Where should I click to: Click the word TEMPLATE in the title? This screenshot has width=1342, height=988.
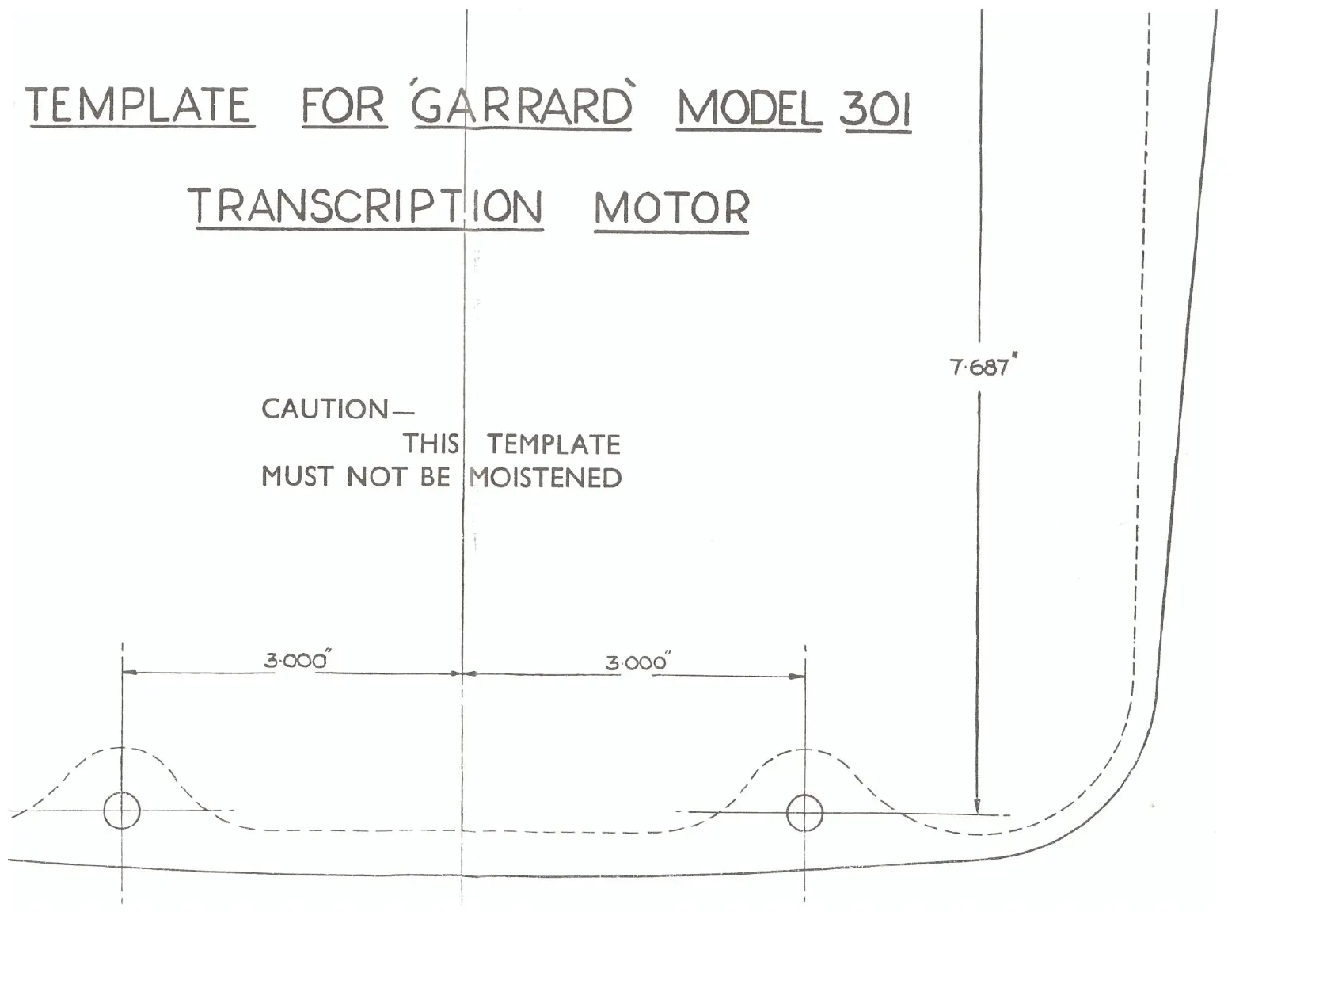139,105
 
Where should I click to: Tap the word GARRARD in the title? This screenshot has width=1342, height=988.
522,106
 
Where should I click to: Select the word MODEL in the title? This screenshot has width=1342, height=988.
749,109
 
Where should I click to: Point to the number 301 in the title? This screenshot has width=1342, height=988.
876,109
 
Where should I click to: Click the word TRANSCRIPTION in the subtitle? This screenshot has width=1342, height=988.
365,207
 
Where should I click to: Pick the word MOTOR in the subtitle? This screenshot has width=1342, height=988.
671,208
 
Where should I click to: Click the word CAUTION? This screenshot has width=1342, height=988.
325,410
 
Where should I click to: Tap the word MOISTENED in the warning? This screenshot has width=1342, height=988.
545,478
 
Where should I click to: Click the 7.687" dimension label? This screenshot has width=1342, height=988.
982,367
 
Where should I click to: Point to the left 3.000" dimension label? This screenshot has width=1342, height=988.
296,660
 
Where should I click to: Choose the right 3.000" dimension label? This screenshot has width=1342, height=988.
637,662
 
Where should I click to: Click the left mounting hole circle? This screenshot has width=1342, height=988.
122,811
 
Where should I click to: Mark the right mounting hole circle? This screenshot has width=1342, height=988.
804,814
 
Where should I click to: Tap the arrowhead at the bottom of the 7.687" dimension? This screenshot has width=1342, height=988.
978,807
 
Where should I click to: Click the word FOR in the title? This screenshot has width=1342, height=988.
344,106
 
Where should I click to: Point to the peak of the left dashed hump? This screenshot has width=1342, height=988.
122,748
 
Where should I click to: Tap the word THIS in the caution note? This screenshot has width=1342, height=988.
431,444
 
